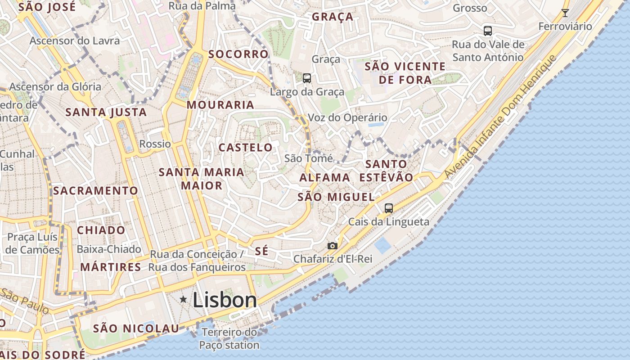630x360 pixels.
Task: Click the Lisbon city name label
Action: [225, 300]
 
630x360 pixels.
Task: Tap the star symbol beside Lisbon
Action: [183, 299]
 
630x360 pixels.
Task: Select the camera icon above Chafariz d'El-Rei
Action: [333, 246]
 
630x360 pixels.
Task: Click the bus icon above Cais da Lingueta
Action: [389, 208]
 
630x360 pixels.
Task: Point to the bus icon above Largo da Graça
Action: [307, 78]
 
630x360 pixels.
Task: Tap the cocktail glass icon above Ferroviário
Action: [565, 13]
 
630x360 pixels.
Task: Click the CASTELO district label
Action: [245, 148]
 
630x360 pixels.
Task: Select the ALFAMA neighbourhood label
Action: [325, 177]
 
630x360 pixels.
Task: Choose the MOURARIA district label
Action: [220, 105]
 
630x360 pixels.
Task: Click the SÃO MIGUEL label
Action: [336, 197]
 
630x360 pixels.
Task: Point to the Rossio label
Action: [155, 144]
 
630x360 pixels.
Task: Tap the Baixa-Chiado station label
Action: [109, 249]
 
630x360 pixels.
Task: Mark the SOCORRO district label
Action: [238, 54]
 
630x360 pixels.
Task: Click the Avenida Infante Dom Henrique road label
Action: [500, 117]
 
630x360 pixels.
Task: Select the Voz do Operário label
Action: [347, 118]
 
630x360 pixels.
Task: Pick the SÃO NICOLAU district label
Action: [136, 328]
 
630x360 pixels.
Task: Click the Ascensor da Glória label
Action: [55, 86]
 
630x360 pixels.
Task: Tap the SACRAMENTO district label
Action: [95, 191]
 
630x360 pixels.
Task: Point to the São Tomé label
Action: [309, 158]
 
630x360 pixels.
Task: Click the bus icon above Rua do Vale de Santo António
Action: [488, 31]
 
